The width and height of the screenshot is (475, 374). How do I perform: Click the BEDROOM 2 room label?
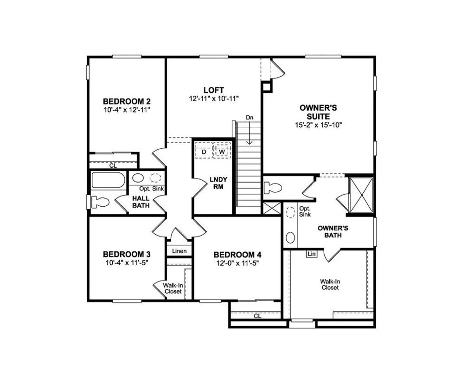pyautogui.click(x=127, y=101)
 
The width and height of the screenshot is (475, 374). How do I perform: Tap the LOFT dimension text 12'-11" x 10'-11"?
pyautogui.click(x=213, y=98)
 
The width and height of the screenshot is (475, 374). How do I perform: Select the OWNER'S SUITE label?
pyautogui.click(x=318, y=112)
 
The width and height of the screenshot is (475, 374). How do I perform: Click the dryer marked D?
pyautogui.click(x=203, y=152)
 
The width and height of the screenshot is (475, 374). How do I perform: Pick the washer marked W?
pyautogui.click(x=222, y=152)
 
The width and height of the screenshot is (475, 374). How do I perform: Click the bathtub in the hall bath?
pyautogui.click(x=108, y=180)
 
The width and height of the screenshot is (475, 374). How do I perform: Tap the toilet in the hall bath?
pyautogui.click(x=99, y=202)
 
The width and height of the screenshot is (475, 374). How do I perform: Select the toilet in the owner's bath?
pyautogui.click(x=273, y=188)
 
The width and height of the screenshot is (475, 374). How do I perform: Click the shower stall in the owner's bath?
pyautogui.click(x=361, y=195)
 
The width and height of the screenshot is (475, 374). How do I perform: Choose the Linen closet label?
pyautogui.click(x=180, y=251)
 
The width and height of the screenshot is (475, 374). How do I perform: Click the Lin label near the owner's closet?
pyautogui.click(x=311, y=254)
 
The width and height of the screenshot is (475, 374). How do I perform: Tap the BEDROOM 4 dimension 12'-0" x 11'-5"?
pyautogui.click(x=237, y=263)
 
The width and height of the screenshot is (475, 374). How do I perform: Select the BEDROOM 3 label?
pyautogui.click(x=127, y=254)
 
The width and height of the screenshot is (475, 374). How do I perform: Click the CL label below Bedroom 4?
pyautogui.click(x=257, y=316)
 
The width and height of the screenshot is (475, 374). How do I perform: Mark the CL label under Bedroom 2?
pyautogui.click(x=113, y=165)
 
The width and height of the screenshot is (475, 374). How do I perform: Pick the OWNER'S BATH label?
pyautogui.click(x=330, y=231)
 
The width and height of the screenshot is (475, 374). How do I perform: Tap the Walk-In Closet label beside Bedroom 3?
pyautogui.click(x=172, y=288)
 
